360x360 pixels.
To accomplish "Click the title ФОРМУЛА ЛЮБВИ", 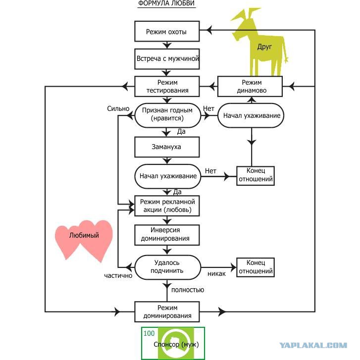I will [166, 4].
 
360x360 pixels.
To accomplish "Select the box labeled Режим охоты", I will [167, 32].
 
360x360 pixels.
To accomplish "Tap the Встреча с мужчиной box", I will [167, 58].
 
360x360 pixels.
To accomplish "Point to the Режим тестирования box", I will [167, 87].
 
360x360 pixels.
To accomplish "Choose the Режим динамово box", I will [251, 87].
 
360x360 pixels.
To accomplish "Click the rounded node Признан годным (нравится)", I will [167, 115].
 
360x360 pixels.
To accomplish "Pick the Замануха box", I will [167, 147].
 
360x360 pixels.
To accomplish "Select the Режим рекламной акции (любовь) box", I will [167, 206].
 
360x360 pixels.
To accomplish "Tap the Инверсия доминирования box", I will [167, 234].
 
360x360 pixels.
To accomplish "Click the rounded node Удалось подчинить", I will [167, 266].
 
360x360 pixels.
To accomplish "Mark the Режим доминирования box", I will [167, 311].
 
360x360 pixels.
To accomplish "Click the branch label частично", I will [118, 275].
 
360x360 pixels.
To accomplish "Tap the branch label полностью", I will [187, 290].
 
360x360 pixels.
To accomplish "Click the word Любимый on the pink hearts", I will [84, 236].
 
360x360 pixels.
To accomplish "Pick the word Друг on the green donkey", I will [264, 47].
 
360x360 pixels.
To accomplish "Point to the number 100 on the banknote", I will [149, 333].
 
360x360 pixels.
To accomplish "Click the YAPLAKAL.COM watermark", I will [313, 345].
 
